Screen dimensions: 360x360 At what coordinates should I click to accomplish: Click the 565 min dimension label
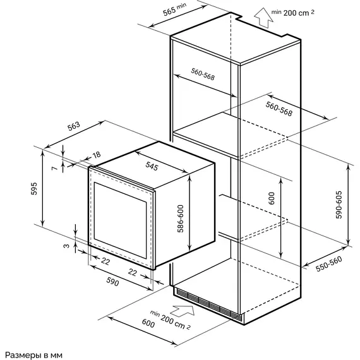[174, 9]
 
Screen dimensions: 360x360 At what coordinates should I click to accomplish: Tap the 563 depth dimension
[74, 126]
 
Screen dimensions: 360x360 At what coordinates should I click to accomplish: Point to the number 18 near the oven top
[97, 155]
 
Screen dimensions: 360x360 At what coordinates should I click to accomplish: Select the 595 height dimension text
[34, 188]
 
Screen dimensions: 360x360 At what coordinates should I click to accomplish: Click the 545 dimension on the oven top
[152, 166]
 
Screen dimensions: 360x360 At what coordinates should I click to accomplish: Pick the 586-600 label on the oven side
[181, 219]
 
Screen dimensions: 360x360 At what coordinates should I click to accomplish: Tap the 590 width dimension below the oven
[112, 282]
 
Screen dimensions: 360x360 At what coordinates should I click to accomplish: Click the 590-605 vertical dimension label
[339, 205]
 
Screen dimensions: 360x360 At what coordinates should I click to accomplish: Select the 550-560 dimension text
[329, 264]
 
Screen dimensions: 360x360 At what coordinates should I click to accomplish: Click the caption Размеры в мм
[33, 355]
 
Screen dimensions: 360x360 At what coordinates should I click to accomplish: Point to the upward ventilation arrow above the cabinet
[263, 18]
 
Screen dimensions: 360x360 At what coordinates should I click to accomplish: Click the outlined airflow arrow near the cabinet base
[183, 311]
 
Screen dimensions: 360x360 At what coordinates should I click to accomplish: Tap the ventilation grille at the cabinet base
[208, 304]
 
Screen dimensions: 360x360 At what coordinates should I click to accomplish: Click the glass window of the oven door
[120, 220]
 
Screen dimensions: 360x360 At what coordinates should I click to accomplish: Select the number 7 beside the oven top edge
[54, 168]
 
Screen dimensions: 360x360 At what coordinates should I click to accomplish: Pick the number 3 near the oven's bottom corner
[66, 246]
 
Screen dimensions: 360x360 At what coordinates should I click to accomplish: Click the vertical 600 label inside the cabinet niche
[272, 198]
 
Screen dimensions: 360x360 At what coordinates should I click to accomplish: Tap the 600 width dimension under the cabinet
[148, 323]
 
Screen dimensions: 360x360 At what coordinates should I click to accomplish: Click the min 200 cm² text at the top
[292, 13]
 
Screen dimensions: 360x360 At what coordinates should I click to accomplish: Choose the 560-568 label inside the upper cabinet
[203, 74]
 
